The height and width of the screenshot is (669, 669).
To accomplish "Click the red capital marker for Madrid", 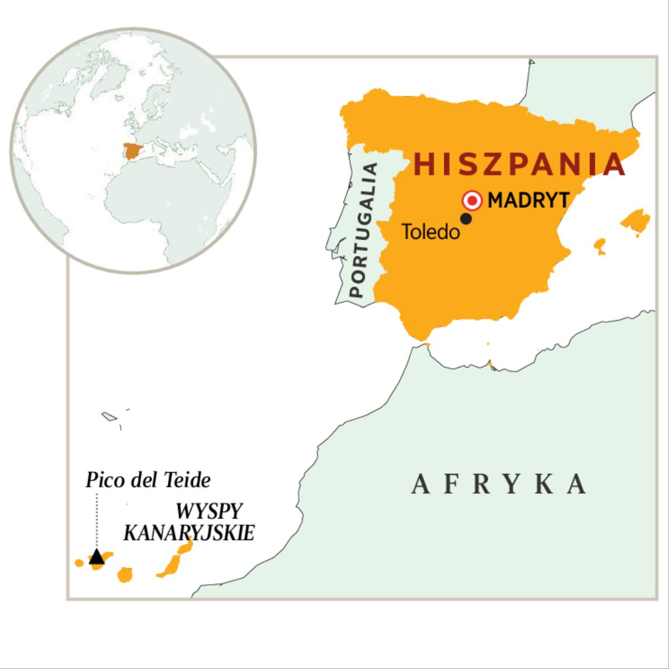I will coord(473,200).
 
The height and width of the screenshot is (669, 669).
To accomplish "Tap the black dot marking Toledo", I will coord(467,219).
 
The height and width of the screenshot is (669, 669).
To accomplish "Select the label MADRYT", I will coord(528,200).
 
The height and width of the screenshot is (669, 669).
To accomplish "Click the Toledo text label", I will coord(431,232).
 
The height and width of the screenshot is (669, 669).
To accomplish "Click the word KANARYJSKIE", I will coord(189,532).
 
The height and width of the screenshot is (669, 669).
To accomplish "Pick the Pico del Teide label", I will coord(148,481).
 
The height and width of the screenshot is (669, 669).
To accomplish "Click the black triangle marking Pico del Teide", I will coord(96,556).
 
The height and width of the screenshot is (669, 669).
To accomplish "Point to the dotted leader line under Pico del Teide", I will coord(96,518).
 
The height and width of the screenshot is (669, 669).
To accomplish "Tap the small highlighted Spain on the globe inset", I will coord(133,151).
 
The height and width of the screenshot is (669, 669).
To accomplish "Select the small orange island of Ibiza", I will coord(599,245).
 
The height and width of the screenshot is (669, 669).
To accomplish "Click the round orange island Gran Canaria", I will coord(125,574).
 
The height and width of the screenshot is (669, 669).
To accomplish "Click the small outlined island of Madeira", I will coord(108,416).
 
